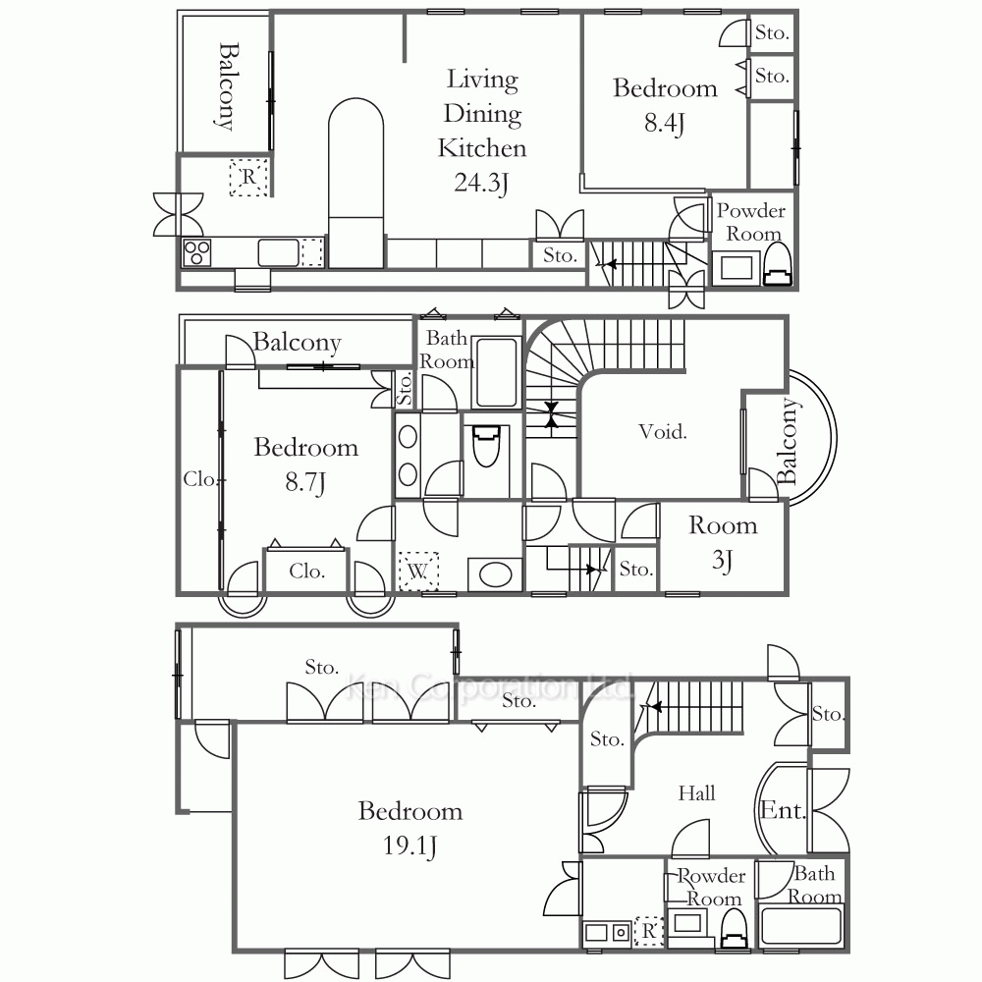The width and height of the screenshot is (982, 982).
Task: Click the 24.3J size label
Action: [x=481, y=183]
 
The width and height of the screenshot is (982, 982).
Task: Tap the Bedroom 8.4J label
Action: [x=665, y=105]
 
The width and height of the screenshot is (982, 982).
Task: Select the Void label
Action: [x=663, y=431]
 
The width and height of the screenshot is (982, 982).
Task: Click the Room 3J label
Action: [x=723, y=542]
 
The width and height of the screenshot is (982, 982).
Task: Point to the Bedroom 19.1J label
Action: [x=410, y=828]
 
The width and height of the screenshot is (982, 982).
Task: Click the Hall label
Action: [x=696, y=793]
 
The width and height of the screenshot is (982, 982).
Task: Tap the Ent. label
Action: [x=783, y=810]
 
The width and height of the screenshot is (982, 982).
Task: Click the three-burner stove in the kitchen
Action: [x=196, y=252]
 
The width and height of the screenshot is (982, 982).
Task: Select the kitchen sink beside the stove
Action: [x=278, y=252]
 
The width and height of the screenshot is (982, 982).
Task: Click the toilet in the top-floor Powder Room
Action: [x=777, y=265]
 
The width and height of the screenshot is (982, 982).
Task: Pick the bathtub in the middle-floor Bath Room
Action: [x=496, y=372]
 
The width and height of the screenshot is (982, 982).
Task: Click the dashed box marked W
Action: [x=418, y=572]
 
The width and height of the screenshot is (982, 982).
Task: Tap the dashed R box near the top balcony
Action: [x=248, y=177]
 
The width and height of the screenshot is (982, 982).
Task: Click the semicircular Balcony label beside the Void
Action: [x=788, y=440]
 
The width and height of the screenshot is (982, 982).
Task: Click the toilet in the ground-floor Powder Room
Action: [x=734, y=928]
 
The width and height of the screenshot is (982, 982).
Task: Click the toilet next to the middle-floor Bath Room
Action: [x=486, y=445]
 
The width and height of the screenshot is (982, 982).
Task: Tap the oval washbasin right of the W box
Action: [x=495, y=574]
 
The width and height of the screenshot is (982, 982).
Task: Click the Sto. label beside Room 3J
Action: [x=635, y=569]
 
